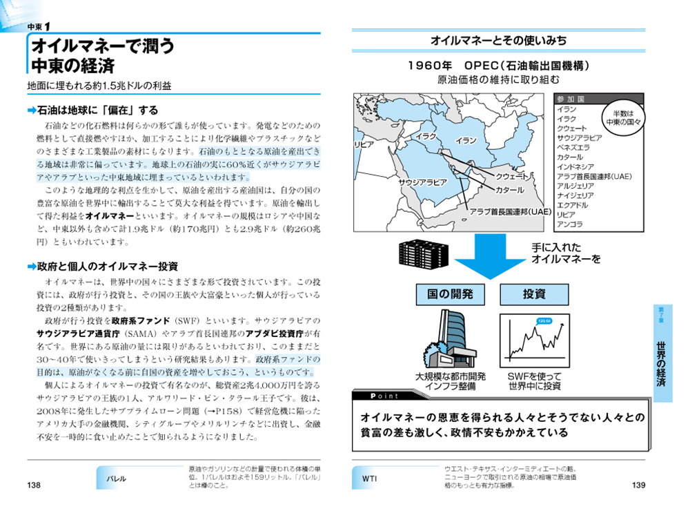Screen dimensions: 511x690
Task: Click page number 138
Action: point(34,485)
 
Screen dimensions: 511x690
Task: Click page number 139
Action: point(639,485)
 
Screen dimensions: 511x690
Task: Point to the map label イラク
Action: point(427,137)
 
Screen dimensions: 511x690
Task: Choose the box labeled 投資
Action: point(534,294)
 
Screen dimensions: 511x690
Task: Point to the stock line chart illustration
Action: point(535,343)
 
